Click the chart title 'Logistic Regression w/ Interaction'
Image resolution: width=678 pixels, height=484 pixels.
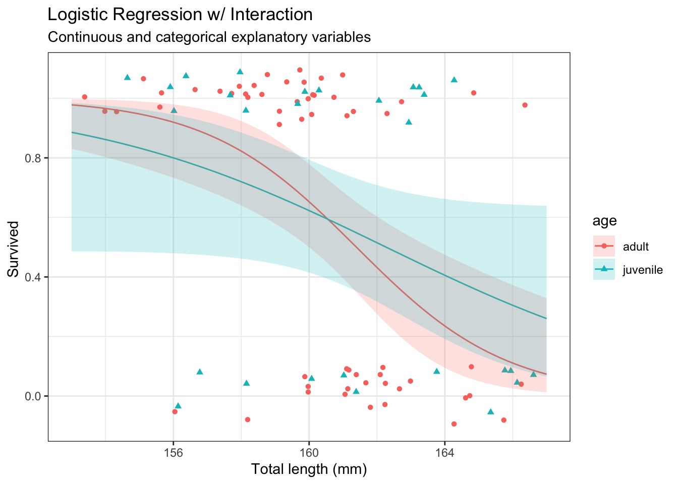180,15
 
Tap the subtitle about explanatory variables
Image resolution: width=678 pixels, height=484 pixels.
209,37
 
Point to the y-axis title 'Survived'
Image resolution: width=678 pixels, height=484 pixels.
14,249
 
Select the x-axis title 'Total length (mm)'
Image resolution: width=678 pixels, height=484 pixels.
309,469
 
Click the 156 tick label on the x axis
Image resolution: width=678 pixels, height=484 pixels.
173,451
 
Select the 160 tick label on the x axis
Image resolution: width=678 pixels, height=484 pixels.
309,451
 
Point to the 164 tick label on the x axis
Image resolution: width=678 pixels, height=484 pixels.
444,451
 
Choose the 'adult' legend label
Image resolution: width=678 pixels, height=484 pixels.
636,247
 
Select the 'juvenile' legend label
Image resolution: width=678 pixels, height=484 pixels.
643,270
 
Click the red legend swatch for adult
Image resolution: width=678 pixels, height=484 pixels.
604,247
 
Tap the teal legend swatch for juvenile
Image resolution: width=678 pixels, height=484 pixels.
604,270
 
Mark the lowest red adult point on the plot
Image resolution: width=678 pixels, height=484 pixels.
454,424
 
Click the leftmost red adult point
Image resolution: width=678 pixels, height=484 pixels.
84,97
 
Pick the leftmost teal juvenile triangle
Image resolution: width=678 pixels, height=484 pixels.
127,77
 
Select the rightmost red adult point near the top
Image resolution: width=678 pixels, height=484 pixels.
525,105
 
